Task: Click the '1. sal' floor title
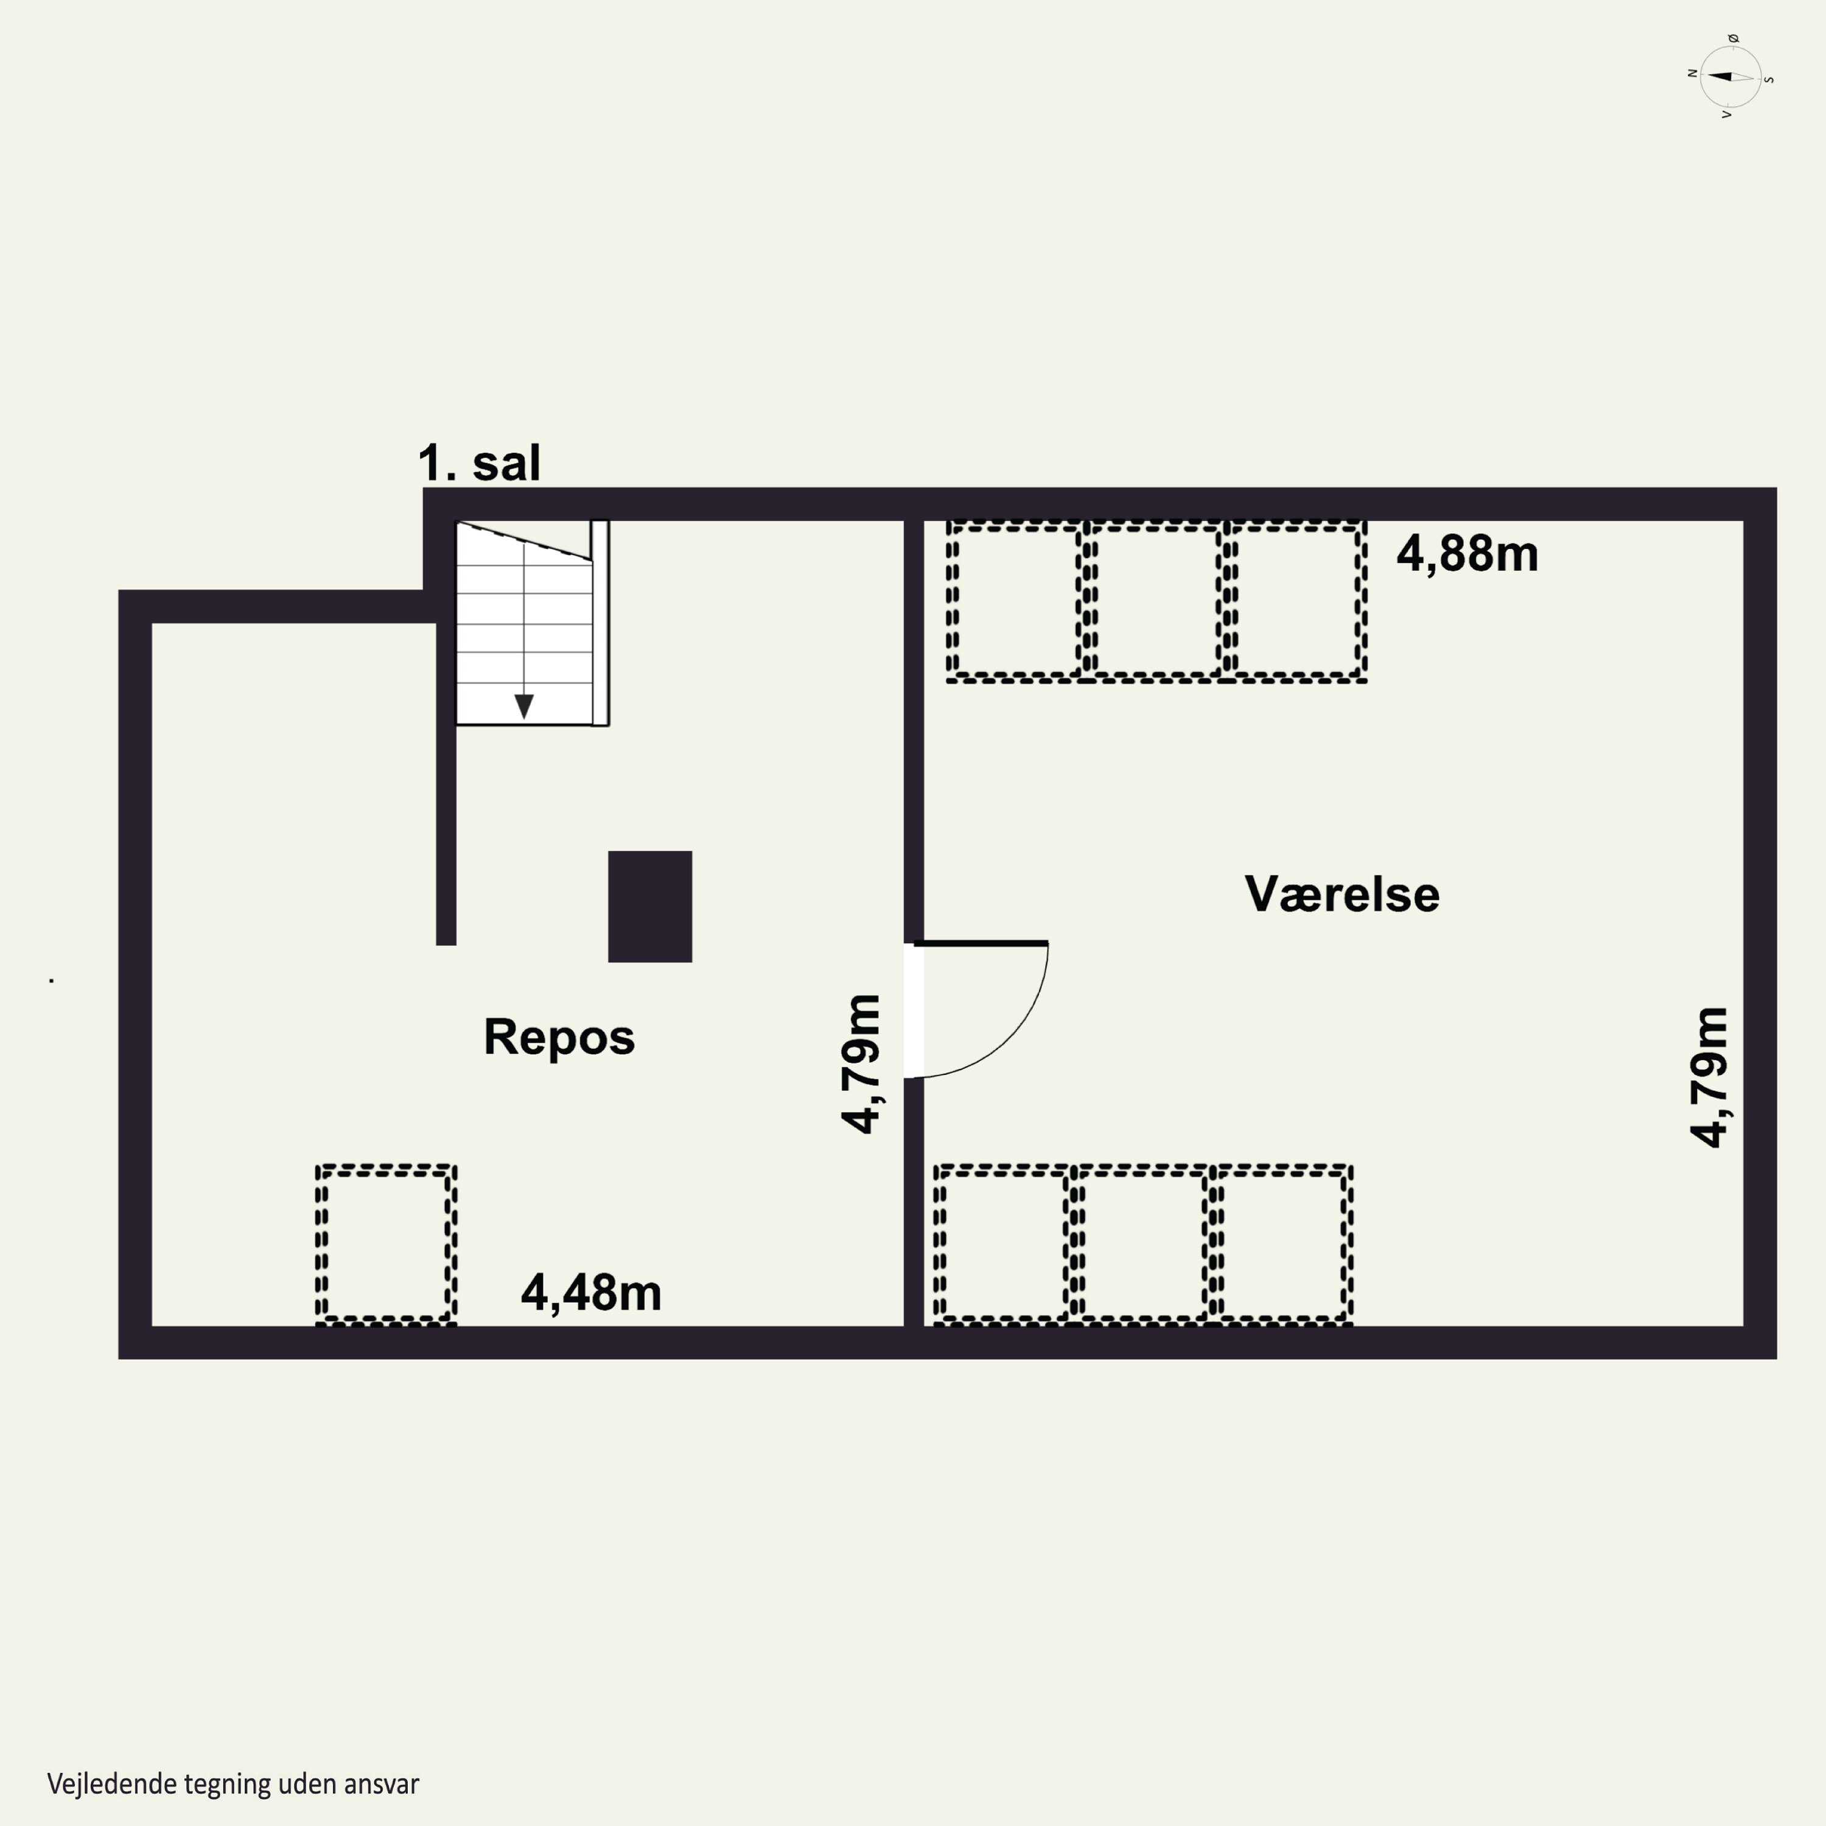479,463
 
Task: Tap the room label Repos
559,1037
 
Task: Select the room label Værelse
1342,894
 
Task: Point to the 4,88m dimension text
1467,554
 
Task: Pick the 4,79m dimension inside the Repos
862,1063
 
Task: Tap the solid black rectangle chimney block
650,906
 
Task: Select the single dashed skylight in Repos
386,1244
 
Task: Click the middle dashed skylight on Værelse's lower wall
1142,1244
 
